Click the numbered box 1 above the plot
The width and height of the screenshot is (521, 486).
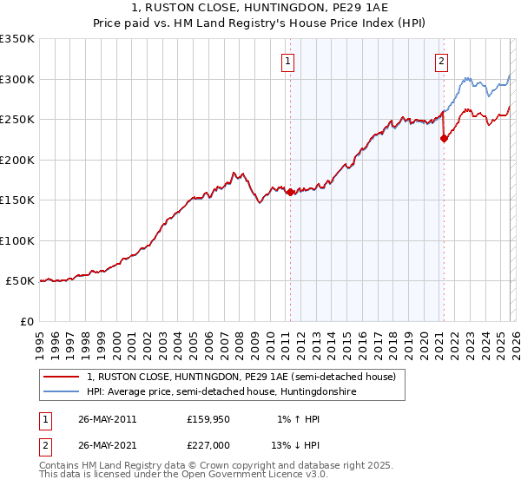coord(287,61)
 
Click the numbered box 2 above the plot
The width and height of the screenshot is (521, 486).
coord(442,61)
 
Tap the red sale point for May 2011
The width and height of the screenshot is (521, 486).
coord(290,193)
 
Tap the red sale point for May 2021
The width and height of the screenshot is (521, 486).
coord(444,137)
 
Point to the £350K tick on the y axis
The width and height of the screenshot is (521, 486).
coord(18,39)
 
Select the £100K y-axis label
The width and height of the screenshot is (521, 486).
coord(18,240)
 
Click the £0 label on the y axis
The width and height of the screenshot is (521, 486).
coord(26,321)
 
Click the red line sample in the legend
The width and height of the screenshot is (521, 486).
coord(62,377)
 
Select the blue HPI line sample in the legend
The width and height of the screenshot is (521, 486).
coord(62,392)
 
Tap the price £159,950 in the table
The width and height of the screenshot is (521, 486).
coord(208,418)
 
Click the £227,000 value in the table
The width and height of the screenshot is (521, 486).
coord(208,446)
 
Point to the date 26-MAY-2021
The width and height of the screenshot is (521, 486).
coord(107,446)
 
